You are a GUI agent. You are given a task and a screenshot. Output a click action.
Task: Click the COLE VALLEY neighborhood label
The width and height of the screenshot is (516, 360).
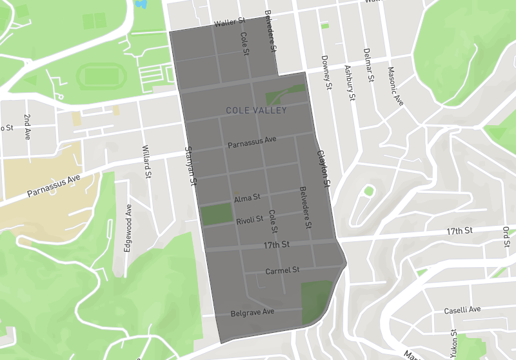[x=256, y=111]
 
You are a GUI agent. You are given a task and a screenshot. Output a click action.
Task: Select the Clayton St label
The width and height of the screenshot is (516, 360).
[x=323, y=170]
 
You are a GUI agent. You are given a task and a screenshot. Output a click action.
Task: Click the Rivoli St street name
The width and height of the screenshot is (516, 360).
[x=250, y=220]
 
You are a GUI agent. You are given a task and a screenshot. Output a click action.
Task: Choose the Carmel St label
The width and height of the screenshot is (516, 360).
[x=283, y=270]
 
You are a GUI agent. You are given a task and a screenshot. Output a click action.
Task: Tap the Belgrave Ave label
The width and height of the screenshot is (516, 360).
[x=253, y=313]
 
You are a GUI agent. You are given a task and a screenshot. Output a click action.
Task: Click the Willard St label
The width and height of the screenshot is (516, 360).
[x=146, y=161]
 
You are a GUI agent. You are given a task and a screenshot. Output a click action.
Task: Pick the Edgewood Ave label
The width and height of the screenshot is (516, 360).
[x=128, y=223]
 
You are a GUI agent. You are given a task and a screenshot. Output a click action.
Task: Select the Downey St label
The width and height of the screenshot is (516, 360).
[x=326, y=72]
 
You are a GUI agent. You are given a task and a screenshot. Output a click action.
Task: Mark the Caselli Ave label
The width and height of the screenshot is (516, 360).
[x=462, y=310]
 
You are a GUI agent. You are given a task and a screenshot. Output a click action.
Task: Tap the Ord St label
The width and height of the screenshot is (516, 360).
[x=506, y=235]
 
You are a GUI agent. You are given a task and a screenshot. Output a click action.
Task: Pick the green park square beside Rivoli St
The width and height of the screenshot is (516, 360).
[x=217, y=214]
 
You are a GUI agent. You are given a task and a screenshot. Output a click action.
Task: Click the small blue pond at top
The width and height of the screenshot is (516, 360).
[x=140, y=4]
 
